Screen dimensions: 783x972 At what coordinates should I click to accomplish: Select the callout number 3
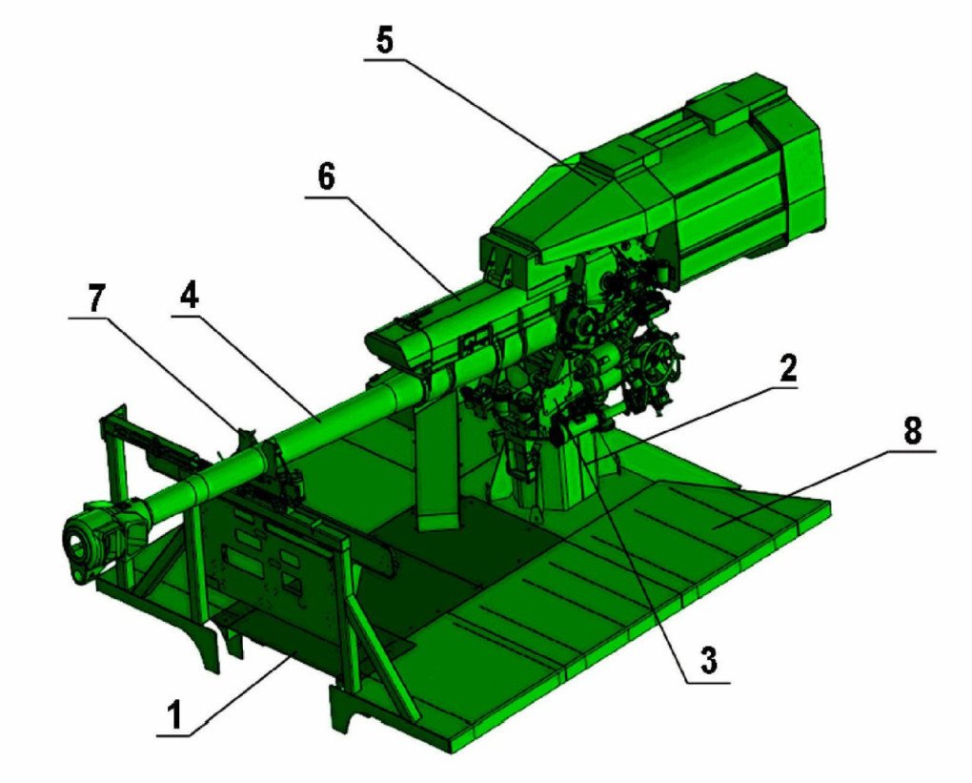tap(708, 659)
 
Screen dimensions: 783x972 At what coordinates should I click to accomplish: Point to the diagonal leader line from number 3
tap(638, 553)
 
